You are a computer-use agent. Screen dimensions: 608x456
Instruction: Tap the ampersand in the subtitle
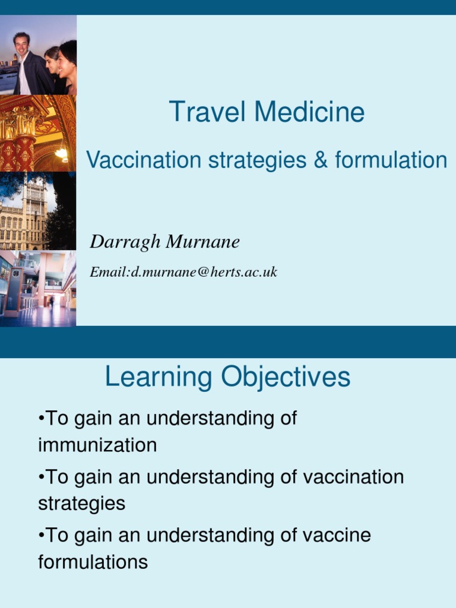(321, 160)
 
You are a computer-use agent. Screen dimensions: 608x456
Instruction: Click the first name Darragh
(125, 242)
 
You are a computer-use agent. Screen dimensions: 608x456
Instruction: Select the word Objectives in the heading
(285, 378)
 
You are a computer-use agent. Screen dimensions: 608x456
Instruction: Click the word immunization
(97, 445)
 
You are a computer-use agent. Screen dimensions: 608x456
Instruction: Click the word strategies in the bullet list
(81, 503)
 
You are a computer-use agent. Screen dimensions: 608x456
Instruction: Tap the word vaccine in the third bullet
(337, 535)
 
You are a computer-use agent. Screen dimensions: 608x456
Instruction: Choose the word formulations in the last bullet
(93, 562)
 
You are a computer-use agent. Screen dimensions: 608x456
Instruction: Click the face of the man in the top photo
(22, 44)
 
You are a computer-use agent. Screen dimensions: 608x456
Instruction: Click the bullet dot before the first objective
(41, 419)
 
